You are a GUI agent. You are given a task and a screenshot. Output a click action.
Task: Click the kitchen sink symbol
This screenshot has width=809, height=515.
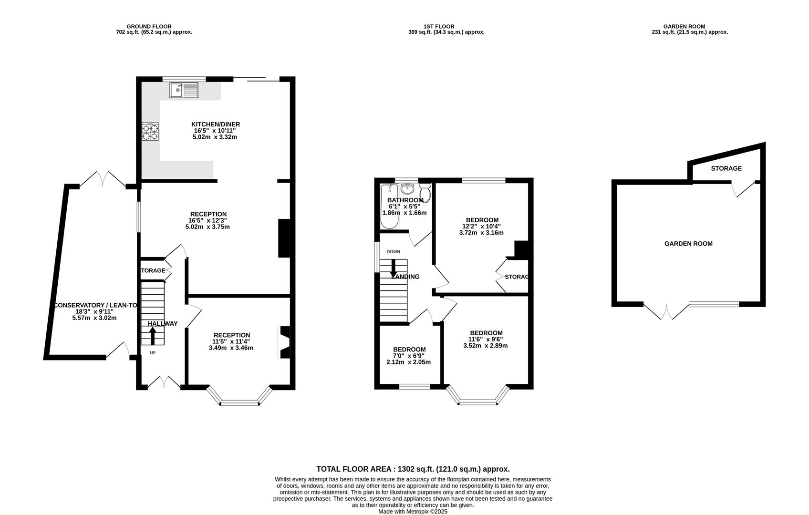(x=184, y=90)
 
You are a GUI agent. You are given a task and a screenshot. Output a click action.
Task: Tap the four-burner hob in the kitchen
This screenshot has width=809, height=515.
(x=150, y=132)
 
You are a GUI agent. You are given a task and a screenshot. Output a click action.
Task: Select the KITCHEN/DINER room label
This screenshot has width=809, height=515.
(x=216, y=124)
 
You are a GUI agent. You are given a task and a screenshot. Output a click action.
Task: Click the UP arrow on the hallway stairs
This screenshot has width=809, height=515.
(x=153, y=336)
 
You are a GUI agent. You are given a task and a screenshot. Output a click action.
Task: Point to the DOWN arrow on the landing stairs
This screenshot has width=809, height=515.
(x=394, y=268)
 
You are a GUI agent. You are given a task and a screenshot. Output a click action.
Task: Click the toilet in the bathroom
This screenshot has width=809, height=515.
(x=425, y=193)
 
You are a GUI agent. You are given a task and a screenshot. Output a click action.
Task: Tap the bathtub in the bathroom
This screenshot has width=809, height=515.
(x=389, y=206)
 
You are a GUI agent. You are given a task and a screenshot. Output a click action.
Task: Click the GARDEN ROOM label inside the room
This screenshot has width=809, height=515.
(x=688, y=244)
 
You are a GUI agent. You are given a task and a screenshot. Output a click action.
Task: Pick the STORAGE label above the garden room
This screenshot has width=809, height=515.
(x=726, y=168)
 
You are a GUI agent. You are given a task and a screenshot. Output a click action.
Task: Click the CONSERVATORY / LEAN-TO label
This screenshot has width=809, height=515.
(x=95, y=305)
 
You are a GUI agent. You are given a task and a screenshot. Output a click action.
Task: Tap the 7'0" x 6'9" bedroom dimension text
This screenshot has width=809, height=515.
(x=410, y=356)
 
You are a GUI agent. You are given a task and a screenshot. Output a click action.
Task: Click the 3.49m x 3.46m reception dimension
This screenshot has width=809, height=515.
(x=231, y=348)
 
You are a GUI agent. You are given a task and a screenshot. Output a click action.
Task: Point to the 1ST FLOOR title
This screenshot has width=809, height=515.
(x=439, y=26)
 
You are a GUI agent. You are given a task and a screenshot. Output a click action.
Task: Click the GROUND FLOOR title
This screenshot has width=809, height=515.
(x=149, y=26)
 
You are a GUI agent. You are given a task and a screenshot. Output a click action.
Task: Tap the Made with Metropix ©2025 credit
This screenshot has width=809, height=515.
(x=413, y=511)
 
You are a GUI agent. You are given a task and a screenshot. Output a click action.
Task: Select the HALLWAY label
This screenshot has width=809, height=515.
(x=163, y=324)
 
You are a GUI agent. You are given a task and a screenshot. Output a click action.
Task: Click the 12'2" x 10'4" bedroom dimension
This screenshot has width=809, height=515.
(x=481, y=227)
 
